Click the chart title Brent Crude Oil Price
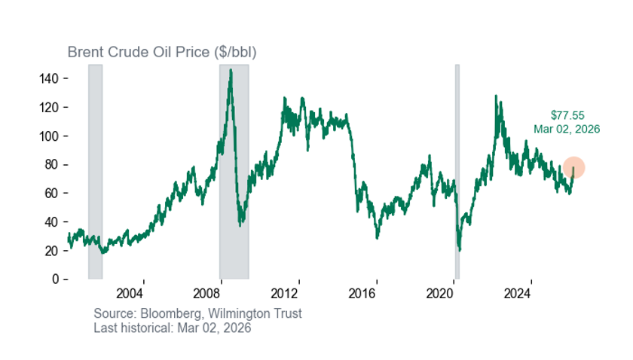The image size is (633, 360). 162,52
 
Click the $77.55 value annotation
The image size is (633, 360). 567,116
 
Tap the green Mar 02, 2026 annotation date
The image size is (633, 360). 567,129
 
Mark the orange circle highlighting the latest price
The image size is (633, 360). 573,168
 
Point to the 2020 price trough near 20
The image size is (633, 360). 459,249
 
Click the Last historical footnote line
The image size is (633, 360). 172,328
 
